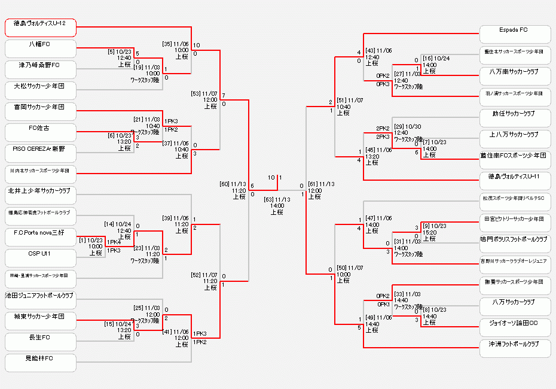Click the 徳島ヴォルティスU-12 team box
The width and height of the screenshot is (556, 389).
click(x=40, y=28)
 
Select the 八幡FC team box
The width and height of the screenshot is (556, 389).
click(x=40, y=48)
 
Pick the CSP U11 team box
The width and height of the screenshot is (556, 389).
click(x=40, y=257)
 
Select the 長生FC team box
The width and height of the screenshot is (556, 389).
click(x=40, y=342)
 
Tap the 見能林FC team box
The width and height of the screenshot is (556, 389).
click(x=40, y=363)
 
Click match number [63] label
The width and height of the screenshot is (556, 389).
click(x=268, y=199)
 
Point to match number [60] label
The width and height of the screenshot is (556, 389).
click(x=225, y=184)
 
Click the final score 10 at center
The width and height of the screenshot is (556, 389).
click(x=271, y=178)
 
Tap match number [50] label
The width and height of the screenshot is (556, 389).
click(x=341, y=268)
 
